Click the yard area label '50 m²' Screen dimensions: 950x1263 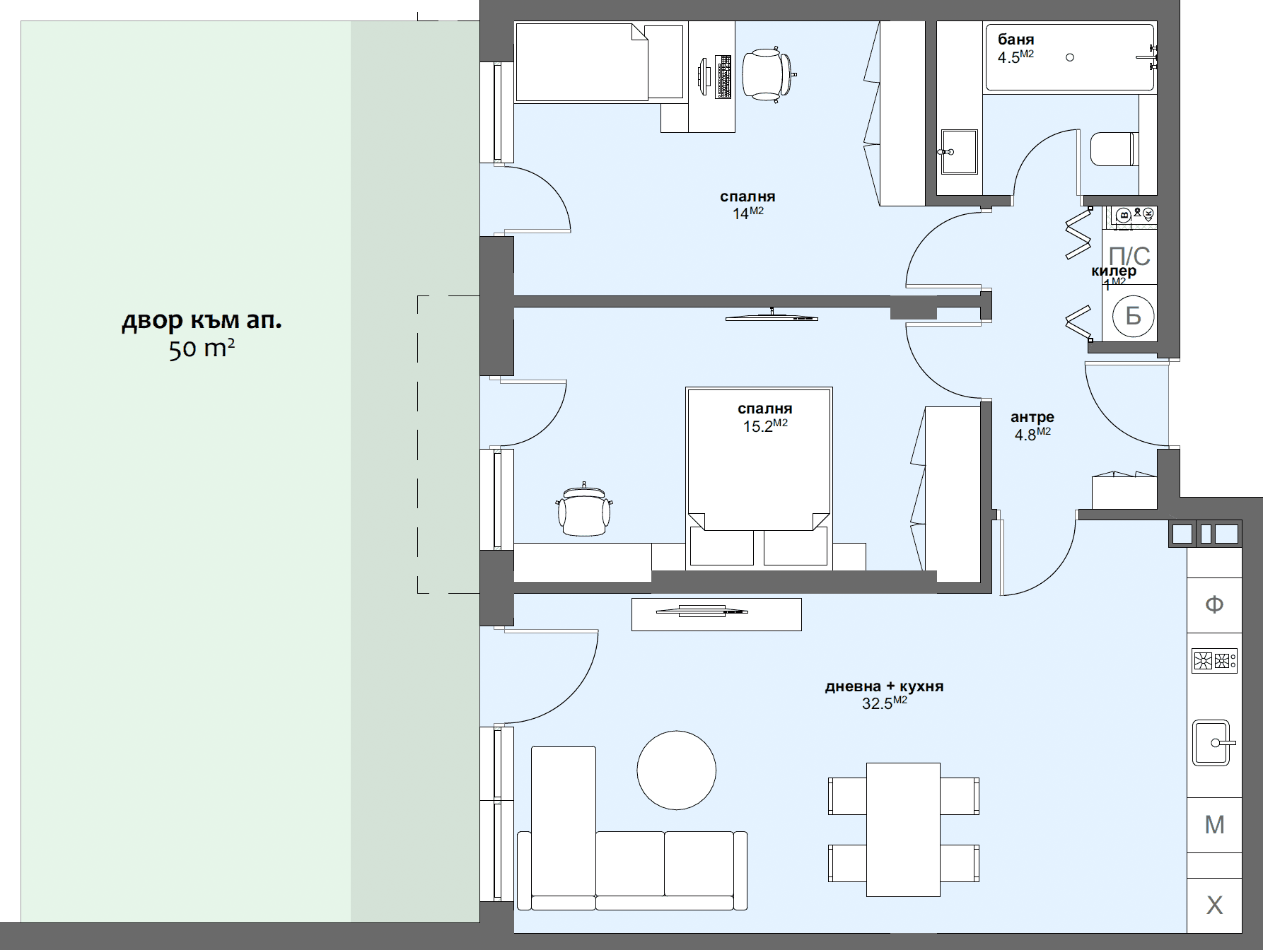[x=202, y=348]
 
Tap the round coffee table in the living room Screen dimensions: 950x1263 [x=676, y=770]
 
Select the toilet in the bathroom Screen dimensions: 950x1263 [x=1114, y=149]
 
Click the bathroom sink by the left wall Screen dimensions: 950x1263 [x=959, y=151]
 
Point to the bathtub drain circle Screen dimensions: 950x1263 [x=1070, y=57]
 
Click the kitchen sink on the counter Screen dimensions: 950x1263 [x=1212, y=743]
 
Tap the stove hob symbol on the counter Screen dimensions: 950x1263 [x=1213, y=661]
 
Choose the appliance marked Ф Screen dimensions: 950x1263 [x=1214, y=604]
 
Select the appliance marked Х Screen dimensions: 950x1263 [x=1214, y=905]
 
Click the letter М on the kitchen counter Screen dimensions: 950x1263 [x=1214, y=825]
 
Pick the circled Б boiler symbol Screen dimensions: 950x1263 [x=1133, y=316]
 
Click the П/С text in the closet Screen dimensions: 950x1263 [x=1129, y=255]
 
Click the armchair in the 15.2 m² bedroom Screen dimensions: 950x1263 [x=584, y=510]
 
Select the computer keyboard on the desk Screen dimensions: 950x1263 [x=723, y=76]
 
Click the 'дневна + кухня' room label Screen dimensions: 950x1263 [x=884, y=686]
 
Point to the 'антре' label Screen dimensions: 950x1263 [x=1032, y=417]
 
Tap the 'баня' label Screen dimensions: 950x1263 [x=1015, y=40]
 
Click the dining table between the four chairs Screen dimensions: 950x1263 [x=903, y=829]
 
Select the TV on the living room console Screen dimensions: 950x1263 [x=702, y=611]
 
